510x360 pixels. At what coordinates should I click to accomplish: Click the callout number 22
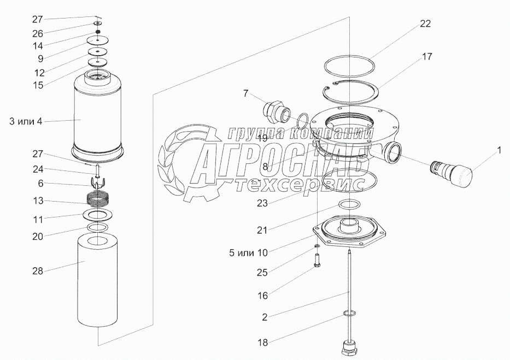pos(425,23)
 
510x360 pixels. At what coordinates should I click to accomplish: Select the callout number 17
pos(427,56)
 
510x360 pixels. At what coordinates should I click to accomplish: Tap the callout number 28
pos(38,270)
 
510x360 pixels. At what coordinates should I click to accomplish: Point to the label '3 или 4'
pos(26,122)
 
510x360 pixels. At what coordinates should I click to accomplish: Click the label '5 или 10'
pos(248,253)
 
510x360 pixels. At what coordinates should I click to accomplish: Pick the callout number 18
pos(263,343)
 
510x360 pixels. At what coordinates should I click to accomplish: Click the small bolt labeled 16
pos(318,262)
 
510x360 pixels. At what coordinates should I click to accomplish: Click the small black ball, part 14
pos(97,32)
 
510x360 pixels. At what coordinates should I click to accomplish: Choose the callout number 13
pos(38,201)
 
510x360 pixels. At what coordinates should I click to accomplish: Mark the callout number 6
pos(40,184)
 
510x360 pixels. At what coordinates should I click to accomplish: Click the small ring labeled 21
pos(350,204)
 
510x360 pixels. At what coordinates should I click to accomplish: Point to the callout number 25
pos(262,273)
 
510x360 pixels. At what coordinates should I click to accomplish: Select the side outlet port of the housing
pos(392,152)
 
